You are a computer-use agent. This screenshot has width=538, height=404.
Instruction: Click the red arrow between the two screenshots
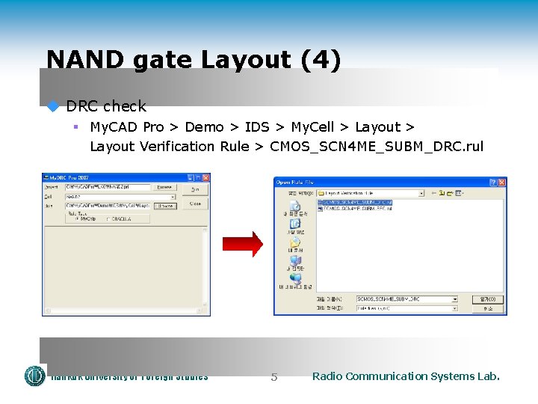[242, 244]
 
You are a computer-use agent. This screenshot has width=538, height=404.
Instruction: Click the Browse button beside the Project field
[164, 187]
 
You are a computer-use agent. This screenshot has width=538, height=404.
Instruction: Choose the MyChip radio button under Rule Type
[77, 218]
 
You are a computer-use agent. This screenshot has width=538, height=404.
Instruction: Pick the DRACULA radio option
[108, 218]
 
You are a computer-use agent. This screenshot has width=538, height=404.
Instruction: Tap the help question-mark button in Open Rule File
[492, 182]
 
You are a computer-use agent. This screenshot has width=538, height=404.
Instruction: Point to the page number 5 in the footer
[274, 377]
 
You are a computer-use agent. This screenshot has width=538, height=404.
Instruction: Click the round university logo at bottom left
[35, 376]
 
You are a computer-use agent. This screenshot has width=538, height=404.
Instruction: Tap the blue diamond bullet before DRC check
[53, 106]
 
